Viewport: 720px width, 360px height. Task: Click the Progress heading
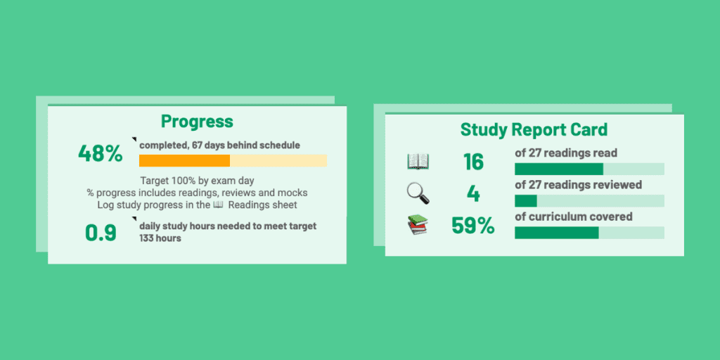click(x=197, y=121)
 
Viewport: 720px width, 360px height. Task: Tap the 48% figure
click(x=100, y=153)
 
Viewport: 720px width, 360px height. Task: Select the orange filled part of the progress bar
click(x=184, y=160)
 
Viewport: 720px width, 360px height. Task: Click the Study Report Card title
click(x=534, y=129)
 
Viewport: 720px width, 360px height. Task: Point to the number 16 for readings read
click(x=473, y=162)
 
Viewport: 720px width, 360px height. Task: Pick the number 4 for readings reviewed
click(x=473, y=193)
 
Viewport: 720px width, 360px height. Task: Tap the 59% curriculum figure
click(x=473, y=226)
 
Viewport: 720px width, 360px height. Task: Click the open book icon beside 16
click(x=418, y=162)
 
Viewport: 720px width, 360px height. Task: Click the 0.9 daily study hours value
click(x=101, y=233)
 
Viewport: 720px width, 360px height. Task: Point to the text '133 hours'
click(x=160, y=238)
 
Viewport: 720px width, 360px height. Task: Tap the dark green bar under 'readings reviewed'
click(x=525, y=201)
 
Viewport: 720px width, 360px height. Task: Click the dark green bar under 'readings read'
click(x=559, y=169)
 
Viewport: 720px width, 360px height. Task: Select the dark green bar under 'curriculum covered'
click(x=556, y=233)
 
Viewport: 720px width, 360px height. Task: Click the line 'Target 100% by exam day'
click(x=197, y=181)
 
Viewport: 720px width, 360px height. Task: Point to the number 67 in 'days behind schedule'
click(x=198, y=145)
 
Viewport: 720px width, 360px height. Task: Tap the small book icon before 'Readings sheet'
click(x=218, y=205)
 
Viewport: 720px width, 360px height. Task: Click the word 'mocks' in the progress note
click(x=294, y=193)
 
